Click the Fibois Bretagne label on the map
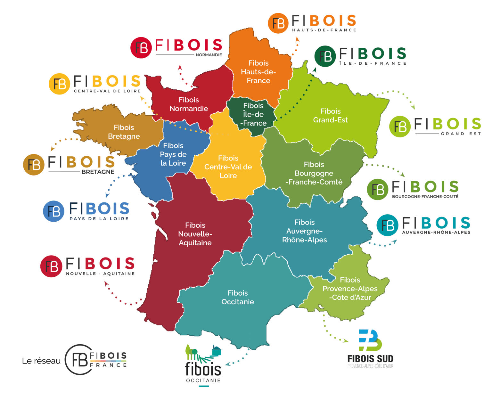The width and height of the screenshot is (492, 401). click(124, 132)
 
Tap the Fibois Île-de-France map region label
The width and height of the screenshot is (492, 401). click(253, 114)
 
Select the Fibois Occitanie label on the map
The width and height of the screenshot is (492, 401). click(238, 297)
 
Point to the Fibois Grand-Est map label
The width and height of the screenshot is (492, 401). click(331, 116)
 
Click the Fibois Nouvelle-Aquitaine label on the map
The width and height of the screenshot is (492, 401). click(195, 234)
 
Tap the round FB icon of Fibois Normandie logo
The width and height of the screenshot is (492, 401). click(141, 48)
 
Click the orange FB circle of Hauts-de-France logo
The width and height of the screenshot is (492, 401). click(278, 23)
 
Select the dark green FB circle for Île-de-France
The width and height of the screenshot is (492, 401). click(325, 56)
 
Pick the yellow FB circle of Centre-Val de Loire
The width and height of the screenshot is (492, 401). click(59, 84)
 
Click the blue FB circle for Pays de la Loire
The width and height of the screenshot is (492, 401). click(53, 211)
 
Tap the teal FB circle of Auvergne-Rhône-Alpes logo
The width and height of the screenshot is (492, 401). click(387, 225)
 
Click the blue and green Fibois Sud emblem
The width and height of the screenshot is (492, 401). click(370, 340)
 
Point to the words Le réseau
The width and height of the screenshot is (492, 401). click(41, 361)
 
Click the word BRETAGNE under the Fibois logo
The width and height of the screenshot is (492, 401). click(98, 172)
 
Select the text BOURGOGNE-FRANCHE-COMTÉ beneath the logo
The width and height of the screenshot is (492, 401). click(425, 196)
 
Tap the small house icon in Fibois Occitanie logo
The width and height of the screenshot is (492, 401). click(217, 351)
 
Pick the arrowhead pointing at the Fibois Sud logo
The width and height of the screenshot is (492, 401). click(346, 341)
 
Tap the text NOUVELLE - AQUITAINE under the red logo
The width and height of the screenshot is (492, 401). click(100, 274)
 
